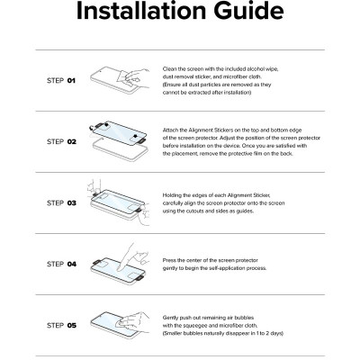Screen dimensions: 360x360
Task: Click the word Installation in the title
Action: (x=142, y=11)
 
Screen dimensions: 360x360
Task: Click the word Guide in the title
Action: (x=248, y=11)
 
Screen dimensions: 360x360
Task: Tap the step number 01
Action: (x=71, y=81)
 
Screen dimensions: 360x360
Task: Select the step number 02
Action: (x=72, y=142)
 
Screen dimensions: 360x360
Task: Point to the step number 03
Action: (x=72, y=203)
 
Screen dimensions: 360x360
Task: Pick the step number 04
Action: (x=72, y=265)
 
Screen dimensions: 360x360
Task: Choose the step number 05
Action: (x=72, y=326)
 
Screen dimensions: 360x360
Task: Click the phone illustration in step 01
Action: (x=115, y=80)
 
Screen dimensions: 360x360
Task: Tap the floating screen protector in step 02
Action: (x=120, y=133)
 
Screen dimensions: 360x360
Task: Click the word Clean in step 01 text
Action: (x=169, y=69)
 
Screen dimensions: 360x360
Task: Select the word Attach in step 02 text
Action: (x=170, y=130)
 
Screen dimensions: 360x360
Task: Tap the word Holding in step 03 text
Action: (x=172, y=195)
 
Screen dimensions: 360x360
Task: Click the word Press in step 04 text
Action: (x=169, y=260)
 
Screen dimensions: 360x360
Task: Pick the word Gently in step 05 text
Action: (x=171, y=318)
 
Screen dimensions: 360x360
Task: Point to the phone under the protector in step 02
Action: (x=121, y=150)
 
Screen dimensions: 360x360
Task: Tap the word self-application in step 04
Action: (x=229, y=268)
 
